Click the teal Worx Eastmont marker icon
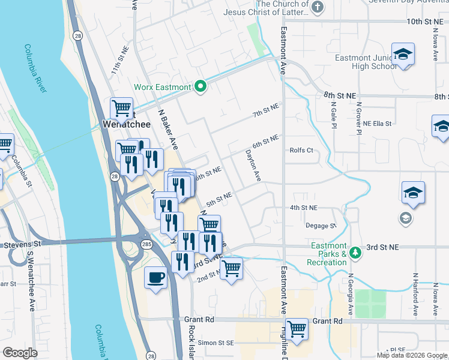[201, 88]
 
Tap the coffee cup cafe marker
[156, 278]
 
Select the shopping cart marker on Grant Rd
[297, 329]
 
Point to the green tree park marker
[356, 251]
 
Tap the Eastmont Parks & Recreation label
[327, 254]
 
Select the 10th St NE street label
[428, 22]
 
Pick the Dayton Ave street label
[253, 166]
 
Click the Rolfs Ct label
[301, 151]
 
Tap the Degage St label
[321, 226]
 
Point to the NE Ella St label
[377, 124]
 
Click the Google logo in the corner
[20, 353]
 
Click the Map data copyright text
[412, 355]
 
